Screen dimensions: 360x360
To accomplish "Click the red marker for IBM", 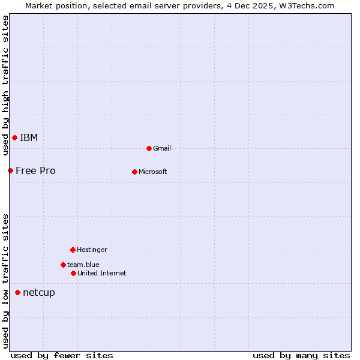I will point(14,138).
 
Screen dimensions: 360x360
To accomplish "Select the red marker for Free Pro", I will point(10,171).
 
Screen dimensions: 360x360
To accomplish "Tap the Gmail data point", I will point(149,148).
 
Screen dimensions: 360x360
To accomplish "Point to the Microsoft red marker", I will point(134,172).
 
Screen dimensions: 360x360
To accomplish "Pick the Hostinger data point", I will point(73,250).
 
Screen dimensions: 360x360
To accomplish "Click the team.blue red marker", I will point(63,265).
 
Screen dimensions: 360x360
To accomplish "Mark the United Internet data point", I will point(73,273).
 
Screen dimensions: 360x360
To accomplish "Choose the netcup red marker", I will point(17,293).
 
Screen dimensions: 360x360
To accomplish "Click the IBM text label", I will point(29,138).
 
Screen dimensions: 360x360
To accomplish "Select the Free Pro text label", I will point(35,171).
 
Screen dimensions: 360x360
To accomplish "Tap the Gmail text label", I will point(162,149).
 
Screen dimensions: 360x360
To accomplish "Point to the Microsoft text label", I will point(153,172).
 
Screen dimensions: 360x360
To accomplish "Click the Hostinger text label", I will point(92,250).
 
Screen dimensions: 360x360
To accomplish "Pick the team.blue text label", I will point(83,265).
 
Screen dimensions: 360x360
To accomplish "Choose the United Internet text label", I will point(102,274).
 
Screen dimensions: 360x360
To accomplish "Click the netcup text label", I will point(39,293).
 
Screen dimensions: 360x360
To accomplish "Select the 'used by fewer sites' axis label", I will point(62,355).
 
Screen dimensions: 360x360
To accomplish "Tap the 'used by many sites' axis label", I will point(301,355).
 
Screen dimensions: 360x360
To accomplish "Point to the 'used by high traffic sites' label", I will point(5,85).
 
